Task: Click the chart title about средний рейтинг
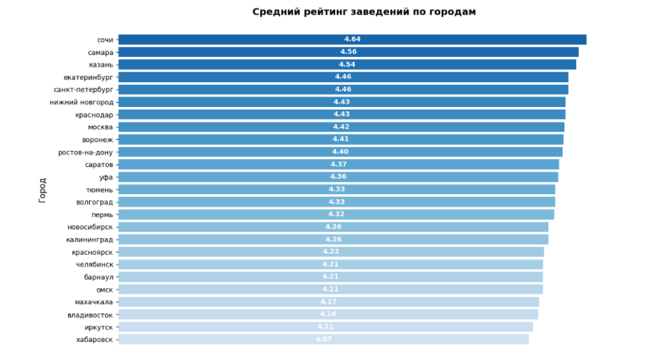click(x=364, y=12)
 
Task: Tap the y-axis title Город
click(x=42, y=190)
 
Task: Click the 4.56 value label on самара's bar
click(x=348, y=52)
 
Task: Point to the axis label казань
click(x=101, y=65)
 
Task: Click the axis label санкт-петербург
click(x=83, y=90)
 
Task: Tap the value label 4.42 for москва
click(x=341, y=127)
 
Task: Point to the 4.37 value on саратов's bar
click(x=339, y=165)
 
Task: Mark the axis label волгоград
click(x=94, y=202)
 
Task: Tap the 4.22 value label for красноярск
click(x=331, y=252)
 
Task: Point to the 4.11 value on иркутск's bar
click(x=325, y=327)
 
